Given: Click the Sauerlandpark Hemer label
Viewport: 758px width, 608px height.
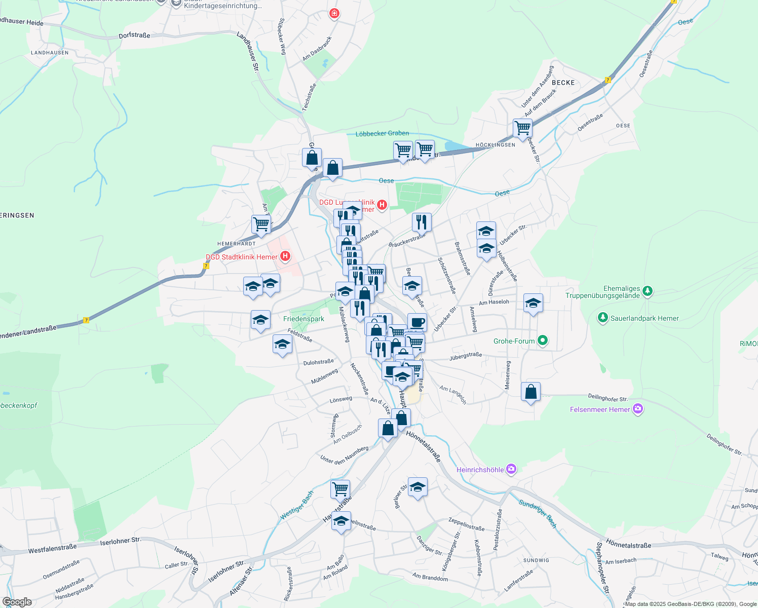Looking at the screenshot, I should [645, 318].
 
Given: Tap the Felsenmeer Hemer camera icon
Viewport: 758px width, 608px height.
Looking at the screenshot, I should [638, 409].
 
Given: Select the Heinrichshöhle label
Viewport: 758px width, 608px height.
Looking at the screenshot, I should [480, 470].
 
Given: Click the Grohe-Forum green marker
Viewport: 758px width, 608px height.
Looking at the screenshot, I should [543, 340].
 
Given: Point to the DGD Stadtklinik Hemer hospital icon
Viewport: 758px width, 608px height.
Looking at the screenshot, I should [285, 256].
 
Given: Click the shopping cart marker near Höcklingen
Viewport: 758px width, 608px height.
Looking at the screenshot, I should [522, 128].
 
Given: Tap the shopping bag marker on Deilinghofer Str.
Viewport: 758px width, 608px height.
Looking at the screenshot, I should [530, 392].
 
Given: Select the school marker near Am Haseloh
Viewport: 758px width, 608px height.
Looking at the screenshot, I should [533, 303].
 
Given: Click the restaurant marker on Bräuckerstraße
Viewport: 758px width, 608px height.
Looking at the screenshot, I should [422, 222].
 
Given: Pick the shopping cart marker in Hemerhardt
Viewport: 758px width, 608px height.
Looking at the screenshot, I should [261, 224].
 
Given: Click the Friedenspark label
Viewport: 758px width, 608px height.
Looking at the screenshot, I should [304, 319].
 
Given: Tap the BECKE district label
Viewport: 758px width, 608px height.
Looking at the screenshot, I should [563, 83].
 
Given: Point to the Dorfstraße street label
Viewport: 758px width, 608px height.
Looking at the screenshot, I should [134, 35].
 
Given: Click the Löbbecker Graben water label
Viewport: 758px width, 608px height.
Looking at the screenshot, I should [382, 133].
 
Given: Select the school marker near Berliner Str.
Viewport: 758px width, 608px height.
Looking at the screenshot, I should [418, 487].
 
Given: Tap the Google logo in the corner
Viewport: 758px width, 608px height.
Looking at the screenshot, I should [17, 602].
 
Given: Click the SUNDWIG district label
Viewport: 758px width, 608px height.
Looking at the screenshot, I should [536, 560].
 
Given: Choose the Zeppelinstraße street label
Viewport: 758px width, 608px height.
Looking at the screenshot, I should [466, 524].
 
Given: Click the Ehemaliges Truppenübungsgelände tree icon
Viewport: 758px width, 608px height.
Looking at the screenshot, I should [647, 291].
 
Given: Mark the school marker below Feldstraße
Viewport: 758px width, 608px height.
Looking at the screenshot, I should [282, 344].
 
